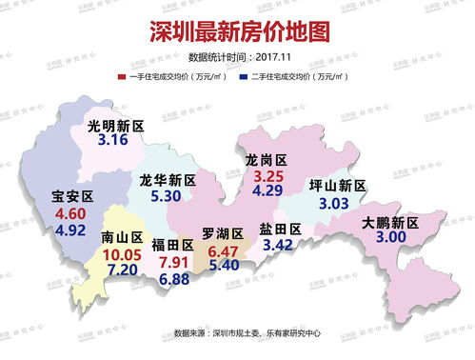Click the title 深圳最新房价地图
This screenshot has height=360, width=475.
point(238,30)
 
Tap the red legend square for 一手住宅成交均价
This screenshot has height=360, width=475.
point(122,73)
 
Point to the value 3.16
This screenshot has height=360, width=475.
point(113,141)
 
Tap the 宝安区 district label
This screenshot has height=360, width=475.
point(71,197)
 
